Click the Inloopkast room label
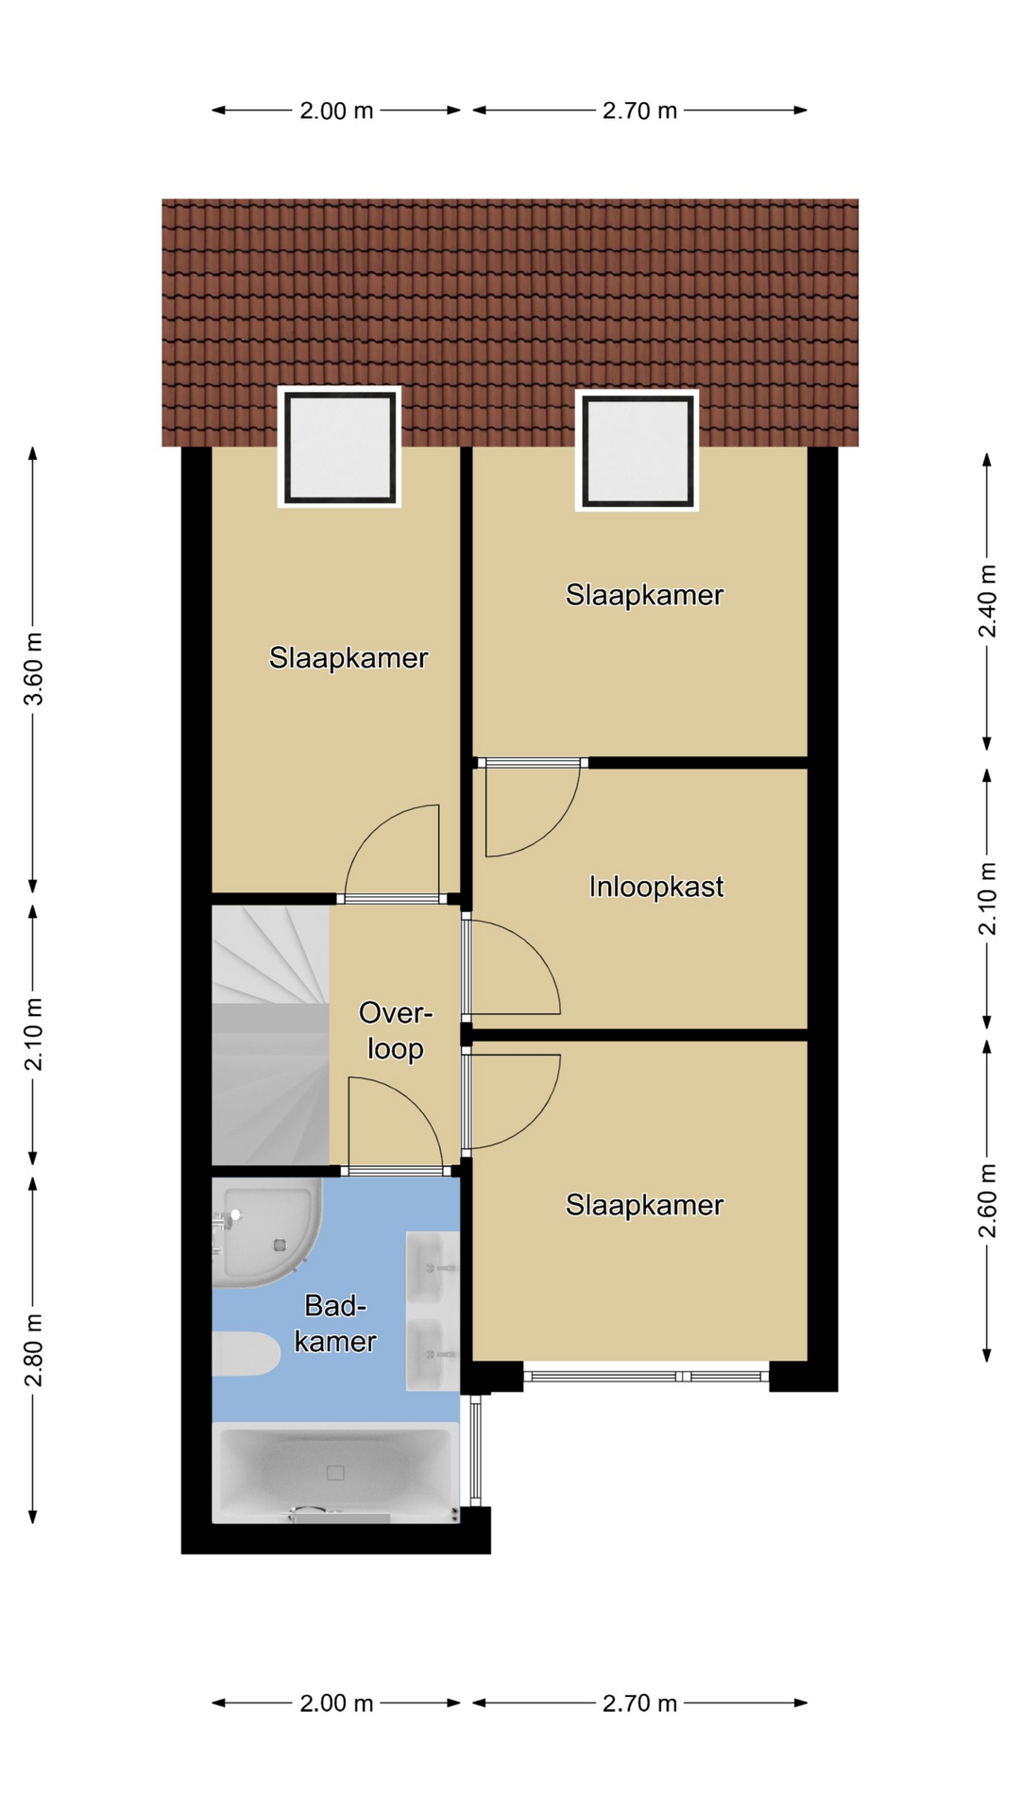pyautogui.click(x=655, y=887)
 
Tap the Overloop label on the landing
pyautogui.click(x=395, y=1030)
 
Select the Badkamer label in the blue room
pyautogui.click(x=335, y=1323)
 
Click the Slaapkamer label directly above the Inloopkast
pyautogui.click(x=644, y=595)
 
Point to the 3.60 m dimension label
pyautogui.click(x=34, y=669)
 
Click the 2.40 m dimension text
pyautogui.click(x=987, y=602)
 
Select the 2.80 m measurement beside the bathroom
pyautogui.click(x=34, y=1350)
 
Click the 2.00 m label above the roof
pyautogui.click(x=336, y=110)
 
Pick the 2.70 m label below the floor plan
pyautogui.click(x=639, y=1703)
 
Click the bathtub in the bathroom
pyautogui.click(x=335, y=1473)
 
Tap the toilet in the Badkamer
pyautogui.click(x=246, y=1354)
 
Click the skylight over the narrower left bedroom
pyautogui.click(x=339, y=448)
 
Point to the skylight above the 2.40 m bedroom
pyautogui.click(x=637, y=450)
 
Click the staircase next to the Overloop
pyautogui.click(x=270, y=1036)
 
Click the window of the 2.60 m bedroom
pyautogui.click(x=647, y=1376)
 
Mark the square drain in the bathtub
pyautogui.click(x=335, y=1472)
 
